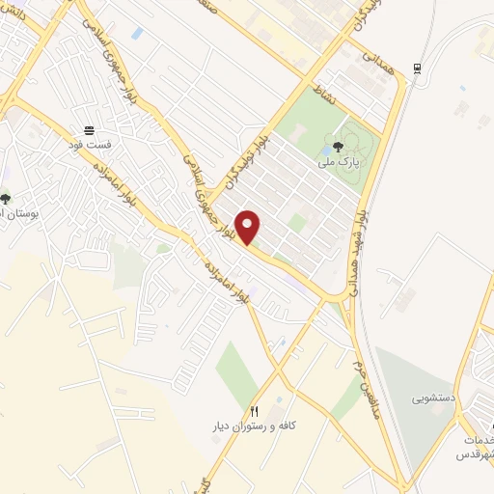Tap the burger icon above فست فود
tap(90, 129)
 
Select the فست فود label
tap(90, 144)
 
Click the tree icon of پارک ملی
tap(336, 148)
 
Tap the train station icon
tap(416, 68)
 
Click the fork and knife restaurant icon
tap(255, 411)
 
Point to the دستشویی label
tap(432, 397)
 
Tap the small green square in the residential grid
tap(298, 223)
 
